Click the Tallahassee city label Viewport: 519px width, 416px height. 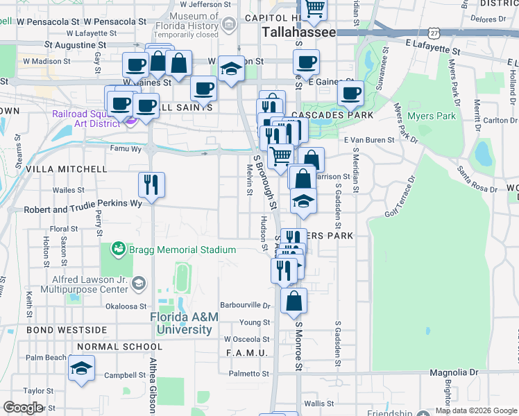tap(299, 33)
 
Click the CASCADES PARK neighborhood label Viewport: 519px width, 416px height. tap(332, 115)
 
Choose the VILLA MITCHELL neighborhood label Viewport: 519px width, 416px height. tap(67, 168)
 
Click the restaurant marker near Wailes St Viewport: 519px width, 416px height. tap(151, 184)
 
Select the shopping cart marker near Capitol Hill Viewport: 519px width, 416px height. tap(315, 8)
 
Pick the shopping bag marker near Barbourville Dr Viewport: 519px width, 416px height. tap(294, 301)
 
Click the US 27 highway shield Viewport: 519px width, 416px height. tap(434, 33)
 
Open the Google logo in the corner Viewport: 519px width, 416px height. tap(23, 408)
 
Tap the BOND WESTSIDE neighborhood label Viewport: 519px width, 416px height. tap(67, 330)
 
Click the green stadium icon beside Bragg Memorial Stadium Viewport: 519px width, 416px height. tap(118, 248)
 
